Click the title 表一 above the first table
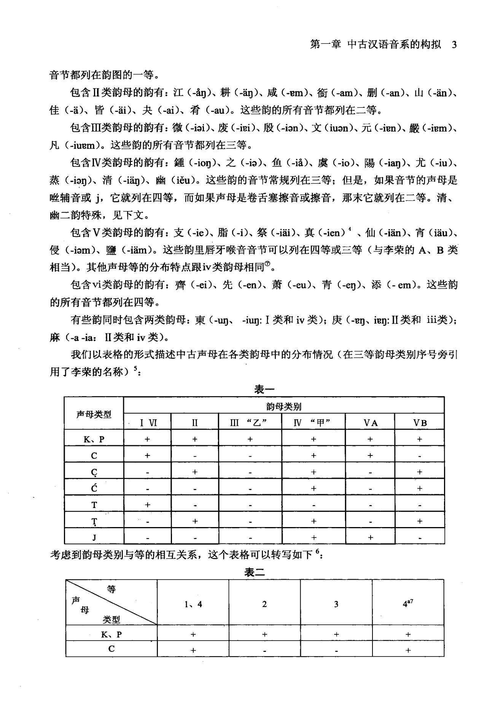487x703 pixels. pyautogui.click(x=264, y=389)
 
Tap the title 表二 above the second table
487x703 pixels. pyautogui.click(x=255, y=572)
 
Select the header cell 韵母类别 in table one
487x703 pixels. pyautogui.click(x=284, y=406)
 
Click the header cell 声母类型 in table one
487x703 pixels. pyautogui.click(x=94, y=414)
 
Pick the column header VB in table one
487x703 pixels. pyautogui.click(x=420, y=423)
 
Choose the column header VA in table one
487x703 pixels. pyautogui.click(x=370, y=423)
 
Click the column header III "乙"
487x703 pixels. pyautogui.click(x=250, y=423)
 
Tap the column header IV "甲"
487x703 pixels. pyautogui.click(x=314, y=423)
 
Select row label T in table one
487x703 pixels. pyautogui.click(x=94, y=505)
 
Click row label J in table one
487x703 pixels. pyautogui.click(x=94, y=537)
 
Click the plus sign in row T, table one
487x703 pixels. pyautogui.click(x=147, y=505)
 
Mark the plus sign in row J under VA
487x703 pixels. pyautogui.click(x=370, y=537)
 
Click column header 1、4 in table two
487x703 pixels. pyautogui.click(x=193, y=604)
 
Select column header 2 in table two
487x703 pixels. pyautogui.click(x=264, y=604)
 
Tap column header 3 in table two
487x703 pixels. pyautogui.click(x=336, y=604)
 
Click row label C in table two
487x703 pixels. pyautogui.click(x=111, y=649)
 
